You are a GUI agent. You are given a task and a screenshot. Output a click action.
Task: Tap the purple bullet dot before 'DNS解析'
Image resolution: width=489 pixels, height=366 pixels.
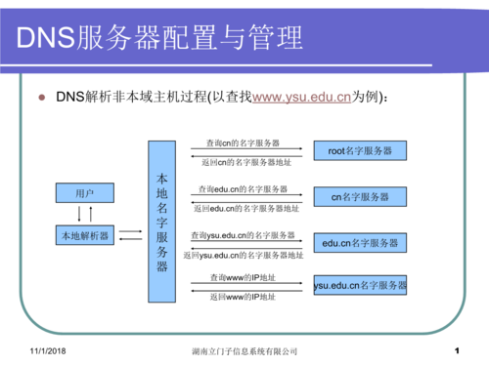point(42,98)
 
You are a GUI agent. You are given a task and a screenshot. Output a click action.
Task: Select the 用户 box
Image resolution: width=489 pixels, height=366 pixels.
point(85,193)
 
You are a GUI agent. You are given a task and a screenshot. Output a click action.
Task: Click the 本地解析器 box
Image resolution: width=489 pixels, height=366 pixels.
point(85,235)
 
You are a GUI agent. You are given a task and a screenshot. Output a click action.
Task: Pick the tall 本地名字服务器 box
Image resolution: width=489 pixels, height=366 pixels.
point(162,221)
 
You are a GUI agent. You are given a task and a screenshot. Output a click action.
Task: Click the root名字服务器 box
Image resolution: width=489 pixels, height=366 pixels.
point(359,151)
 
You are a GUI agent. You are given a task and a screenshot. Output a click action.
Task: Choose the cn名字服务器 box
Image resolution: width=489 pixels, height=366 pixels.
point(359,197)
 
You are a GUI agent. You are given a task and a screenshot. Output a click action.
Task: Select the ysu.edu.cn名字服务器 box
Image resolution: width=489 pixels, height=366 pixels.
point(360,286)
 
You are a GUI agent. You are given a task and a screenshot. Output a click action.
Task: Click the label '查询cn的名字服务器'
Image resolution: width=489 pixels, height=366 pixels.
point(239,143)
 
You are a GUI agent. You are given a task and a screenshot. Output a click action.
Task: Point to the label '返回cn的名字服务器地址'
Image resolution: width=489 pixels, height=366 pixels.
point(245,162)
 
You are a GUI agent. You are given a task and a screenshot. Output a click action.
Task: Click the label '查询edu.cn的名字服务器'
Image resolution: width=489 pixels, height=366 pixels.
point(243,188)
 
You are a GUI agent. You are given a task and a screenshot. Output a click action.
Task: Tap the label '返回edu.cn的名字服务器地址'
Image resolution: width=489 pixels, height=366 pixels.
point(246,208)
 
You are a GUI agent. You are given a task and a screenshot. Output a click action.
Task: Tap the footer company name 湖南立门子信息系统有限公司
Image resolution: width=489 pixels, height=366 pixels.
point(244,349)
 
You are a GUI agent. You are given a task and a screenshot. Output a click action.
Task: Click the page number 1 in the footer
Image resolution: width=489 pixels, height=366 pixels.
point(457,348)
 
